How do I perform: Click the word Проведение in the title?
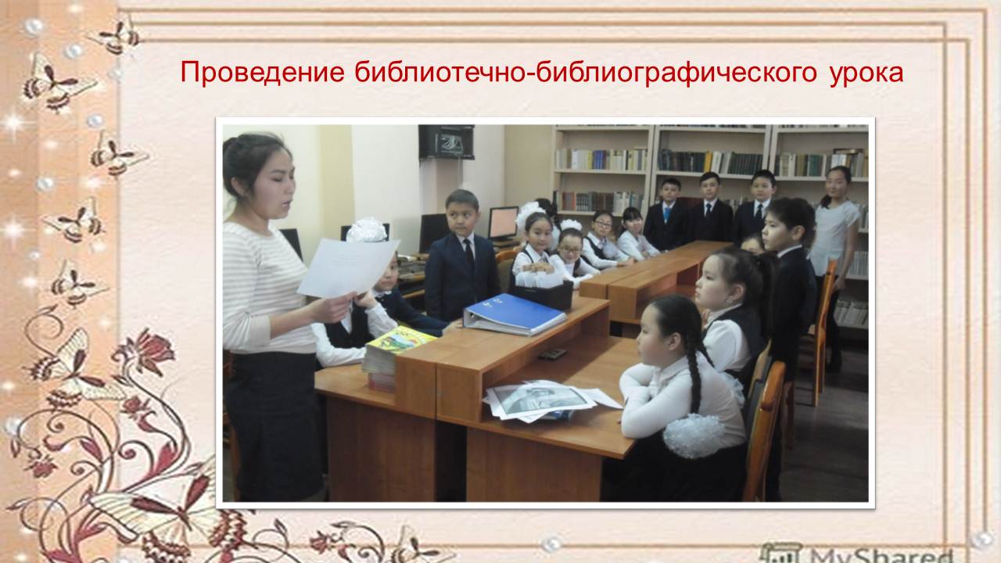[x=262, y=73]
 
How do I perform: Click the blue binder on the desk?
[x=515, y=314]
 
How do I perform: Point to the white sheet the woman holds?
[x=348, y=267]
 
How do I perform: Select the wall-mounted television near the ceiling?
[x=447, y=142]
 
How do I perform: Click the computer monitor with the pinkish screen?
[x=503, y=223]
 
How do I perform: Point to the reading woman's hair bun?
[x=230, y=148]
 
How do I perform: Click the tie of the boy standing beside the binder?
[x=468, y=254]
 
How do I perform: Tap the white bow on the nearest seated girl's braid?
[x=693, y=436]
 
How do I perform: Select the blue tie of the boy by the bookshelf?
[x=667, y=214]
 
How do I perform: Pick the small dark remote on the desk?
[x=553, y=354]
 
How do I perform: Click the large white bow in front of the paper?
[x=367, y=230]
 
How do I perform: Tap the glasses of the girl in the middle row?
[x=570, y=249]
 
